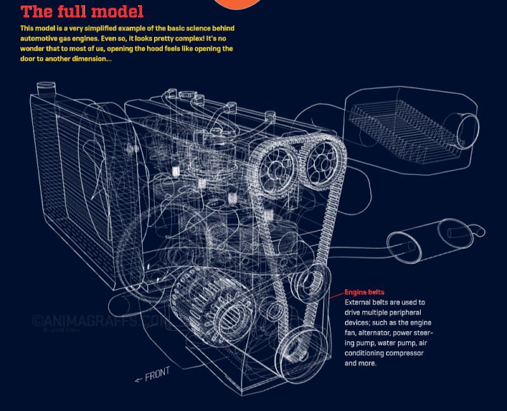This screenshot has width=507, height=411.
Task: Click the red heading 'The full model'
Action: [82, 11]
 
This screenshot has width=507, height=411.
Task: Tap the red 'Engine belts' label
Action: [364, 292]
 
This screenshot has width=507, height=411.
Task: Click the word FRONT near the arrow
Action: [157, 374]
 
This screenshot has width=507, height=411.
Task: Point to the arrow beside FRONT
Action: [138, 380]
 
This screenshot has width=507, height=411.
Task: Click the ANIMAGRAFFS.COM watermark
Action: [100, 321]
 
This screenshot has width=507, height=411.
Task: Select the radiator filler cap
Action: [46, 88]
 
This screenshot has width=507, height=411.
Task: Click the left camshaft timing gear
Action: [276, 170]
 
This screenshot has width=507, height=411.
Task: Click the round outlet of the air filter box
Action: [468, 131]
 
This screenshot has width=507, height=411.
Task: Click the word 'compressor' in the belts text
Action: [406, 353]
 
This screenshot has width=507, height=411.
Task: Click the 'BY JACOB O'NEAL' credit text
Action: [62, 330]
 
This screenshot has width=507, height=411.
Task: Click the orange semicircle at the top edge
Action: [238, 4]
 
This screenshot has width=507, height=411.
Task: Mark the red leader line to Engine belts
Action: [337, 295]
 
